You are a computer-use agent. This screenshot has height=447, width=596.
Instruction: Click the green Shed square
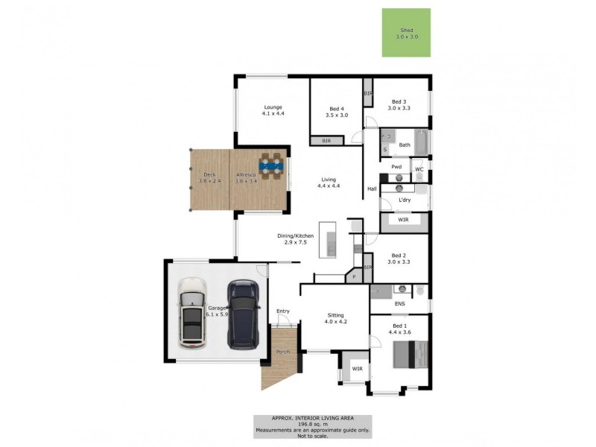point(406,32)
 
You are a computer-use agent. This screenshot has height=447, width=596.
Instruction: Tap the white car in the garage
point(193,312)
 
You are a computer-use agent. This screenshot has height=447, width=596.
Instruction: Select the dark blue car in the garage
point(243,314)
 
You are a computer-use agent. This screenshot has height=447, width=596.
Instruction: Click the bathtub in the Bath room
point(421,141)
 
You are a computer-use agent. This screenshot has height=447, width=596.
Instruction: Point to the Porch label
point(283,352)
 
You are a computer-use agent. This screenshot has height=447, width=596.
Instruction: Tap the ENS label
point(399,304)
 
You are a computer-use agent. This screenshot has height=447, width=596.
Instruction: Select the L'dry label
point(405,200)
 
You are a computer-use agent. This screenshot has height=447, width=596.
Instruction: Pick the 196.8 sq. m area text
point(312,424)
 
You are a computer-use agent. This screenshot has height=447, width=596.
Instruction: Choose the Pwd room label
point(396,167)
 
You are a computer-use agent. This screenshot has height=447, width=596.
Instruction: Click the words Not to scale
point(312,436)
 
